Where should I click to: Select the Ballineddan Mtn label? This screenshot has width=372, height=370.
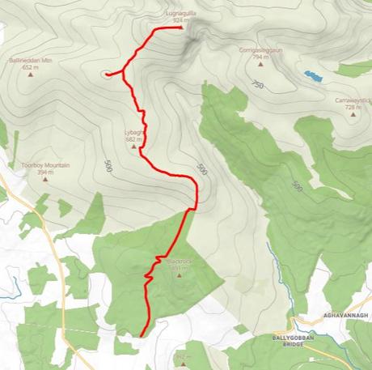click(32, 62)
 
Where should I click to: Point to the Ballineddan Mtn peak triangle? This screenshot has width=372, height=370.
click(32, 74)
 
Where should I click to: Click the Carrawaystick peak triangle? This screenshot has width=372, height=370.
click(353, 114)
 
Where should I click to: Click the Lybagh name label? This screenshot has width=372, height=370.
click(134, 133)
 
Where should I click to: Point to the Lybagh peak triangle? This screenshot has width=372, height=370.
click(134, 147)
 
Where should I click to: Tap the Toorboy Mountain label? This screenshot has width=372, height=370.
click(45, 165)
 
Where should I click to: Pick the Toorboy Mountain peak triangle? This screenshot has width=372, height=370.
click(45, 179)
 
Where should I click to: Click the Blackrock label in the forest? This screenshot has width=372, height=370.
click(177, 262)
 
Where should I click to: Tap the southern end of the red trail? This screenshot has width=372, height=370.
click(142, 334)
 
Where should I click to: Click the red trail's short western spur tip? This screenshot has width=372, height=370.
click(106, 74)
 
